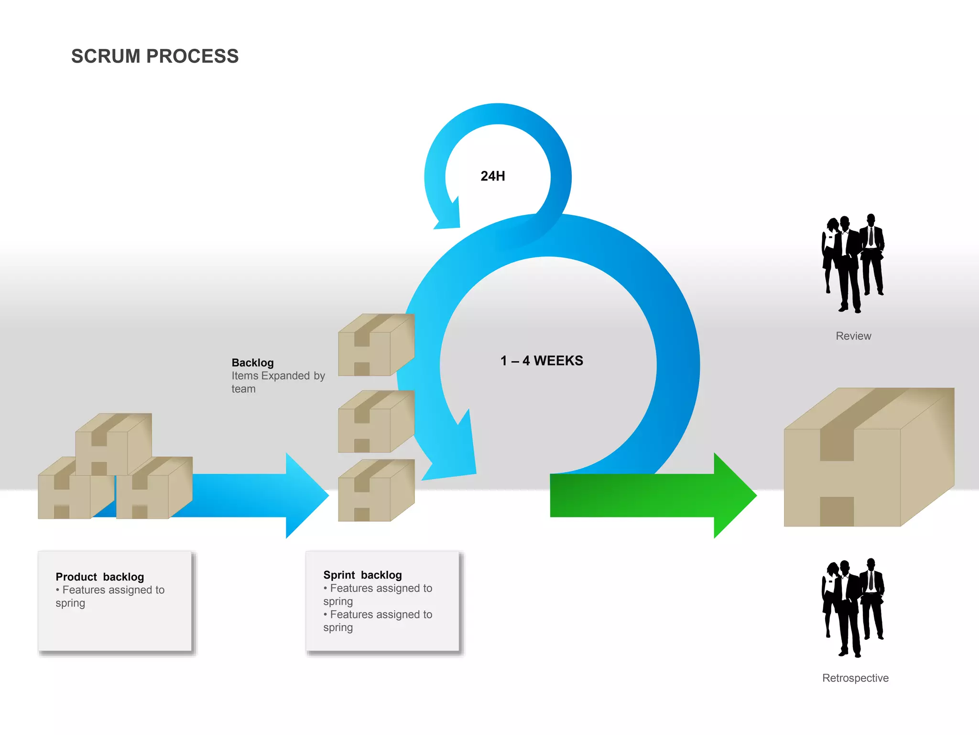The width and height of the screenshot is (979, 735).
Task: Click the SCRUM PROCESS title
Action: tap(155, 56)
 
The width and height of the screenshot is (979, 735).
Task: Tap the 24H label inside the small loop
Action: tap(493, 176)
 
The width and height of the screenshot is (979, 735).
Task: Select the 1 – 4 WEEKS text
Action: tap(542, 361)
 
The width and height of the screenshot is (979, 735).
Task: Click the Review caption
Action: tap(853, 336)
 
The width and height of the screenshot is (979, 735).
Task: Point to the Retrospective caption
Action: tap(855, 678)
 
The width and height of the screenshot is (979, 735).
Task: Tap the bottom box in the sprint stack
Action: tap(375, 491)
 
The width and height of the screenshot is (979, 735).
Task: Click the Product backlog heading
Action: tap(99, 577)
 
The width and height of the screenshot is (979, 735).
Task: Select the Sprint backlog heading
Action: tap(362, 575)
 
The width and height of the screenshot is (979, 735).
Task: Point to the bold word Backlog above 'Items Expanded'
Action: tap(252, 363)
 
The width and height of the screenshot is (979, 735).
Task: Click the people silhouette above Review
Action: tap(853, 263)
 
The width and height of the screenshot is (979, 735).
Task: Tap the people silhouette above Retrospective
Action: tap(853, 608)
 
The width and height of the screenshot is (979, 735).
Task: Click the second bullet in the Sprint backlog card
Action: tap(378, 621)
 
